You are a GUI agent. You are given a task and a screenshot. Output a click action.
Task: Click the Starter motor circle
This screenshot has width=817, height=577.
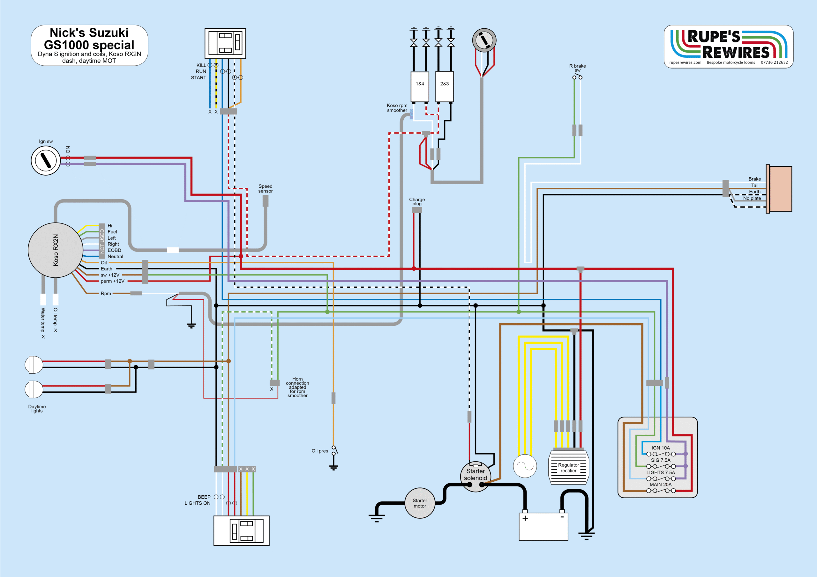tap(420, 503)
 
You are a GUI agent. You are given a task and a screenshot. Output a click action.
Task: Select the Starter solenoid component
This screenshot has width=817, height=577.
tap(476, 476)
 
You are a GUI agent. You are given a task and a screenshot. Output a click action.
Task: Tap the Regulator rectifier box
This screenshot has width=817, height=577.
tap(569, 467)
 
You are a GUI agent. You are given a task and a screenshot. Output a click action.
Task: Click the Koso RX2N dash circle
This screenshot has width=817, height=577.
tap(56, 250)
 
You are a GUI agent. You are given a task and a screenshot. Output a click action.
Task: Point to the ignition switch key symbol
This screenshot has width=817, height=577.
tap(46, 160)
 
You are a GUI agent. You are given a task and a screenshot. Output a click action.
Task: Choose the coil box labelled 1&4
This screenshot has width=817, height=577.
tap(420, 87)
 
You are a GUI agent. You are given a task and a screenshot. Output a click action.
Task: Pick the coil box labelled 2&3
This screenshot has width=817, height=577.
tap(445, 87)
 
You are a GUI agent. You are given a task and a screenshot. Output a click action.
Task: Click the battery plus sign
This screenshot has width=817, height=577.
tap(525, 518)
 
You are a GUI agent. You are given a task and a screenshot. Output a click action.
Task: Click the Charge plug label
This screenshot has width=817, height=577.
tap(417, 201)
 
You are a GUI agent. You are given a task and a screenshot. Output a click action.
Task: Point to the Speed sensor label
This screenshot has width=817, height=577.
tap(266, 188)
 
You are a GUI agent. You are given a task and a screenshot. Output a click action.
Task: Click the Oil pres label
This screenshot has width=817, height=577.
tap(320, 451)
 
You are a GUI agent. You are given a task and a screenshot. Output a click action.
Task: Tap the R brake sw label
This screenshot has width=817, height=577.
tap(578, 68)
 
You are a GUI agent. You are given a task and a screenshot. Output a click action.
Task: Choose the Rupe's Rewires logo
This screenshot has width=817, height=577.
tap(728, 47)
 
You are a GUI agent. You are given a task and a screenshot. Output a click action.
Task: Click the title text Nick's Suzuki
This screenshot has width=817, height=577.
tap(89, 33)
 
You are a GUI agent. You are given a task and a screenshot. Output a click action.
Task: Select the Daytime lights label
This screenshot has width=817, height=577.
tap(37, 408)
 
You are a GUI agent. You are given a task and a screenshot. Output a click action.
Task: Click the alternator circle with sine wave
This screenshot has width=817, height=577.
tap(525, 466)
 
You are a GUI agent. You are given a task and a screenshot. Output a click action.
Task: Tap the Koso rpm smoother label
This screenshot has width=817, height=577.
tap(397, 108)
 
